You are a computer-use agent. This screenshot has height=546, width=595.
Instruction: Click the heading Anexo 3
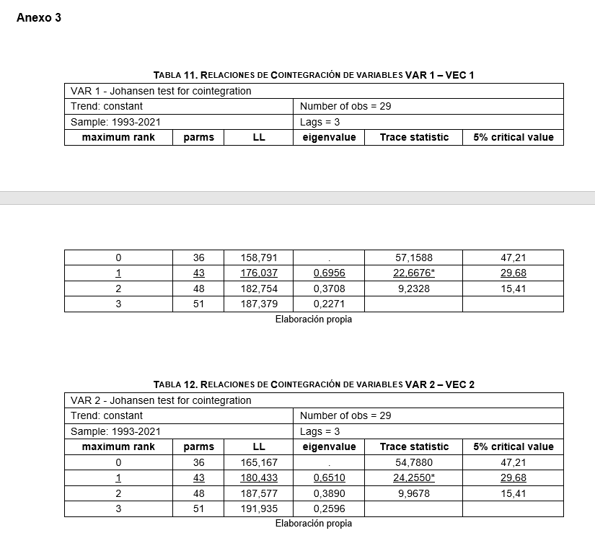(x=38, y=18)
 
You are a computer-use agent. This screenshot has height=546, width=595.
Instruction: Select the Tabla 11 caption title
(x=314, y=75)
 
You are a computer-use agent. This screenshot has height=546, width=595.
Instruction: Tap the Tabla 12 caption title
(x=314, y=384)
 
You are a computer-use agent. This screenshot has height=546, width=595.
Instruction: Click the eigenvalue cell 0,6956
(x=329, y=273)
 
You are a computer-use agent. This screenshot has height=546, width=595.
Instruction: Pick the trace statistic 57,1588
(x=414, y=257)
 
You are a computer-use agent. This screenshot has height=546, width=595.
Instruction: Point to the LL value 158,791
(x=259, y=257)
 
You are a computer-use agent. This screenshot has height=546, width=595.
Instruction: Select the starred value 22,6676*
(x=414, y=273)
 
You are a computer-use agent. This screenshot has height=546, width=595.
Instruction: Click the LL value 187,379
(x=259, y=304)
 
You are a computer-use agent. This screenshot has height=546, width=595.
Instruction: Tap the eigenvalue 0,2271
(x=329, y=304)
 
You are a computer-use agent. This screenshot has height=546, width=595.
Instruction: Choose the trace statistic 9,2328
(x=414, y=289)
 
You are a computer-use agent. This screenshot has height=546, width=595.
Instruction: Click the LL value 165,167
(x=259, y=462)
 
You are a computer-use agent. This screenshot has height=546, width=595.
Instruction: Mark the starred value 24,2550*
(x=414, y=477)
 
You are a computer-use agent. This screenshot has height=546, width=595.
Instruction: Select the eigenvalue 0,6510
(x=329, y=477)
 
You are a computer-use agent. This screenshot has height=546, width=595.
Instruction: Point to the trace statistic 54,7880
(x=414, y=462)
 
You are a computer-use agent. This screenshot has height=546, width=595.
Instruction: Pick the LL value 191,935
(x=259, y=508)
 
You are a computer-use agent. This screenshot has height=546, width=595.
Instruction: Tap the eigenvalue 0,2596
(x=329, y=508)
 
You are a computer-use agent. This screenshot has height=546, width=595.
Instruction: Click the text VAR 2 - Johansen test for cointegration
(x=161, y=400)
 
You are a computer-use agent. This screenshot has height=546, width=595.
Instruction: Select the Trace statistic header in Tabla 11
(x=414, y=137)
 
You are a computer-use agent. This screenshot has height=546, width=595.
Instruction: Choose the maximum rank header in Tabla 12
(x=118, y=446)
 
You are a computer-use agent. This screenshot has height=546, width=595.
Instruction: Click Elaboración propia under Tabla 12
(x=314, y=524)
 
